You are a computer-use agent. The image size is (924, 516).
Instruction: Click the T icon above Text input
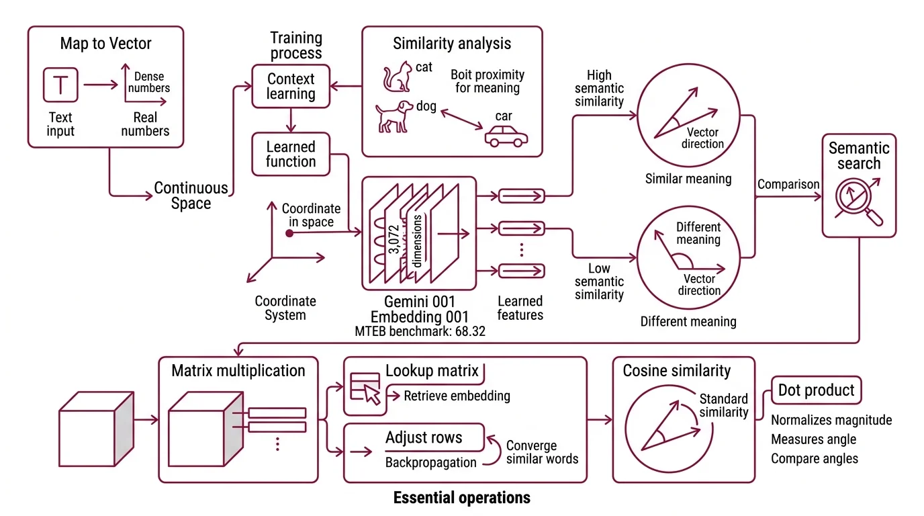pyautogui.click(x=60, y=84)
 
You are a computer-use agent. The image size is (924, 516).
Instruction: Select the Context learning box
pyautogui.click(x=291, y=86)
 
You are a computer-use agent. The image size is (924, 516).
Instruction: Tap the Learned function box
pyautogui.click(x=291, y=154)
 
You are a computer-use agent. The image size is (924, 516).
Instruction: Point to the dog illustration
pyautogui.click(x=393, y=116)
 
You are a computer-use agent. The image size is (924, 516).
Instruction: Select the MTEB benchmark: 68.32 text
pyautogui.click(x=420, y=331)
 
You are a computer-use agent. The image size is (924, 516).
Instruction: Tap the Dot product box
pyautogui.click(x=816, y=390)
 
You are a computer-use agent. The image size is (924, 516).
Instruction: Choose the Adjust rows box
pyautogui.click(x=424, y=438)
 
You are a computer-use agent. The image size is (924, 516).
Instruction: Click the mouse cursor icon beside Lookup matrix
pyautogui.click(x=371, y=395)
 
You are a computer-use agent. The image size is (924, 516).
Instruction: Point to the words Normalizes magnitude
pyautogui.click(x=831, y=420)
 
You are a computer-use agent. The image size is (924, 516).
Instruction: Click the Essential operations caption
pyautogui.click(x=461, y=498)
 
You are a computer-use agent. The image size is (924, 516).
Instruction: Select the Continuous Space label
pyautogui.click(x=191, y=196)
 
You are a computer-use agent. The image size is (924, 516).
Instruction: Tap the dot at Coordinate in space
pyautogui.click(x=289, y=233)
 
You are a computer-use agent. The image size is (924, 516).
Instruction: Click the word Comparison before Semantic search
pyautogui.click(x=788, y=184)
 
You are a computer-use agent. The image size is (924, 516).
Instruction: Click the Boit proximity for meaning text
pyautogui.click(x=487, y=81)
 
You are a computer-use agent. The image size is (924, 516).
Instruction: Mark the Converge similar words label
pyautogui.click(x=541, y=452)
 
